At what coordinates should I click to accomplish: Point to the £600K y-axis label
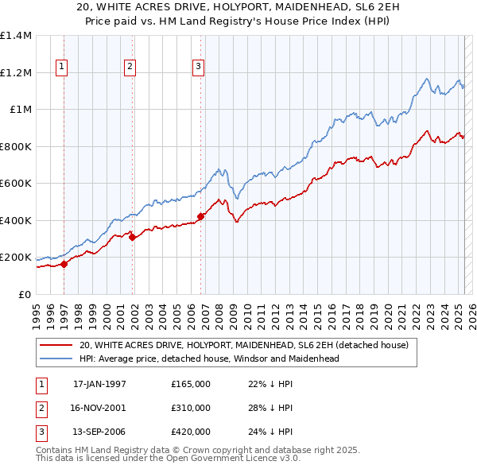click(16, 184)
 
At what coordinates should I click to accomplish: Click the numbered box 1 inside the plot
click(62, 67)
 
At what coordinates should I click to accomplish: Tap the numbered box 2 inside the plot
click(130, 67)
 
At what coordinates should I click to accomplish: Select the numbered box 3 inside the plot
click(198, 67)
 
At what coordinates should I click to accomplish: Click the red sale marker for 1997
click(64, 265)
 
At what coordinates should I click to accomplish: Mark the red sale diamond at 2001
click(132, 237)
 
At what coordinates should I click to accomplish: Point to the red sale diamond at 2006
click(200, 216)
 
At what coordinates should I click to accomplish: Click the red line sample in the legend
click(56, 345)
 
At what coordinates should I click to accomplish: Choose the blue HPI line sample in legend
click(56, 359)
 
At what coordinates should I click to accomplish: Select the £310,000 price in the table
click(191, 408)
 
